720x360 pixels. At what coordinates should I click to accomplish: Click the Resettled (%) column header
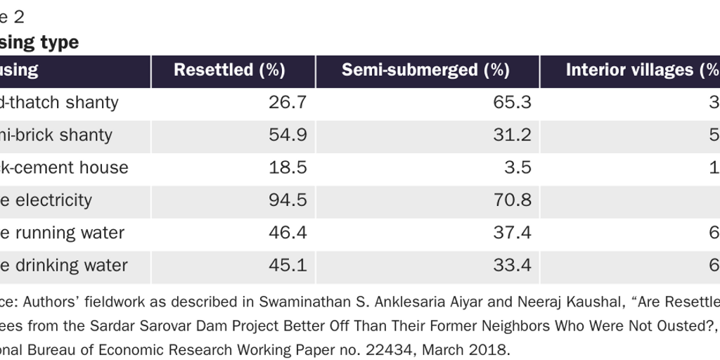[x=229, y=70]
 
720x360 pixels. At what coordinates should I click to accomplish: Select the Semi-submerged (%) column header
[x=425, y=70]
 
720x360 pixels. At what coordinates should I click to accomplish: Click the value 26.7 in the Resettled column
[x=288, y=103]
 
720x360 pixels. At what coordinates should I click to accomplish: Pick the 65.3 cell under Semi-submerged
[x=513, y=103]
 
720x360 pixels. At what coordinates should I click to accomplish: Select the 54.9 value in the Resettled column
[x=288, y=135]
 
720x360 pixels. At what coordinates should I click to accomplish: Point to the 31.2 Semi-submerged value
[x=513, y=135]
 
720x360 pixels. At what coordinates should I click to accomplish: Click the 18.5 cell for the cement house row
[x=288, y=168]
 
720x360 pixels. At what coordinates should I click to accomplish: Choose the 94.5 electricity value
[x=288, y=200]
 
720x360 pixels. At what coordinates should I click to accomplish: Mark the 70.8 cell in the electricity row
[x=513, y=200]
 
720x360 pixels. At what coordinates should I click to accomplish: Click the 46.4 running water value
[x=288, y=233]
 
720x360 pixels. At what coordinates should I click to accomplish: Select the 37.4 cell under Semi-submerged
[x=513, y=233]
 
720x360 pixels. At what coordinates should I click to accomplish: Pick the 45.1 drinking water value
[x=288, y=266]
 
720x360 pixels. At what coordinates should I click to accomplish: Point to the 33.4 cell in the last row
[x=513, y=266]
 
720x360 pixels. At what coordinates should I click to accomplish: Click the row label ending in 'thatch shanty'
[x=59, y=103]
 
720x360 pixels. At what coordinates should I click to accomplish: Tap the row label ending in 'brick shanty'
[x=56, y=135]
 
